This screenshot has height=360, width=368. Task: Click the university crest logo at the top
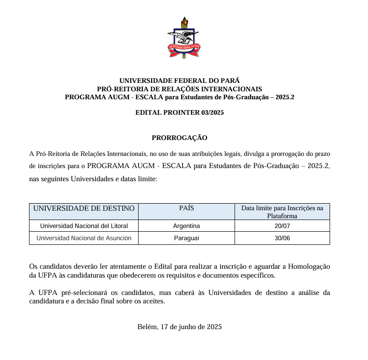point(184,37)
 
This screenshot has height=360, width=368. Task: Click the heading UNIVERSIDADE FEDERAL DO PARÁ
point(179,81)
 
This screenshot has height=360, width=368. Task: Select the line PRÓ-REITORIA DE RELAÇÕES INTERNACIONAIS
point(179,89)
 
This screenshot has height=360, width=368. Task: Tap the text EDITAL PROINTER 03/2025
point(179,112)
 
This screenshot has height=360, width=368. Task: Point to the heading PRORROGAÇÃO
point(179,138)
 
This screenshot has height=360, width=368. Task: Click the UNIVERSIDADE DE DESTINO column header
point(84,208)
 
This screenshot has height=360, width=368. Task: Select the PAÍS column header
point(186,208)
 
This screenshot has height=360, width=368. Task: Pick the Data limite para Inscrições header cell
point(282,212)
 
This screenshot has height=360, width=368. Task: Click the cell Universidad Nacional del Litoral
point(84,226)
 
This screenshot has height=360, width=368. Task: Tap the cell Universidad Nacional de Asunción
point(84,238)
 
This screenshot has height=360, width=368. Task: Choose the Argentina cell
point(186,226)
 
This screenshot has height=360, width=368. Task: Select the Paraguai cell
point(186,238)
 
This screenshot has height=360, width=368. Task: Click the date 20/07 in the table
point(282,226)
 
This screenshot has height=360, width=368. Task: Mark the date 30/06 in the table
point(282,238)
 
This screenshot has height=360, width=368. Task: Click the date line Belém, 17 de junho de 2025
point(179,327)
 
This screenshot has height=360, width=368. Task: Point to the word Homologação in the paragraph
point(309,266)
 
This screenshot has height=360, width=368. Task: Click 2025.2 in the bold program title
point(283,97)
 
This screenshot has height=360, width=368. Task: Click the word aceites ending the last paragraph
point(154,301)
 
